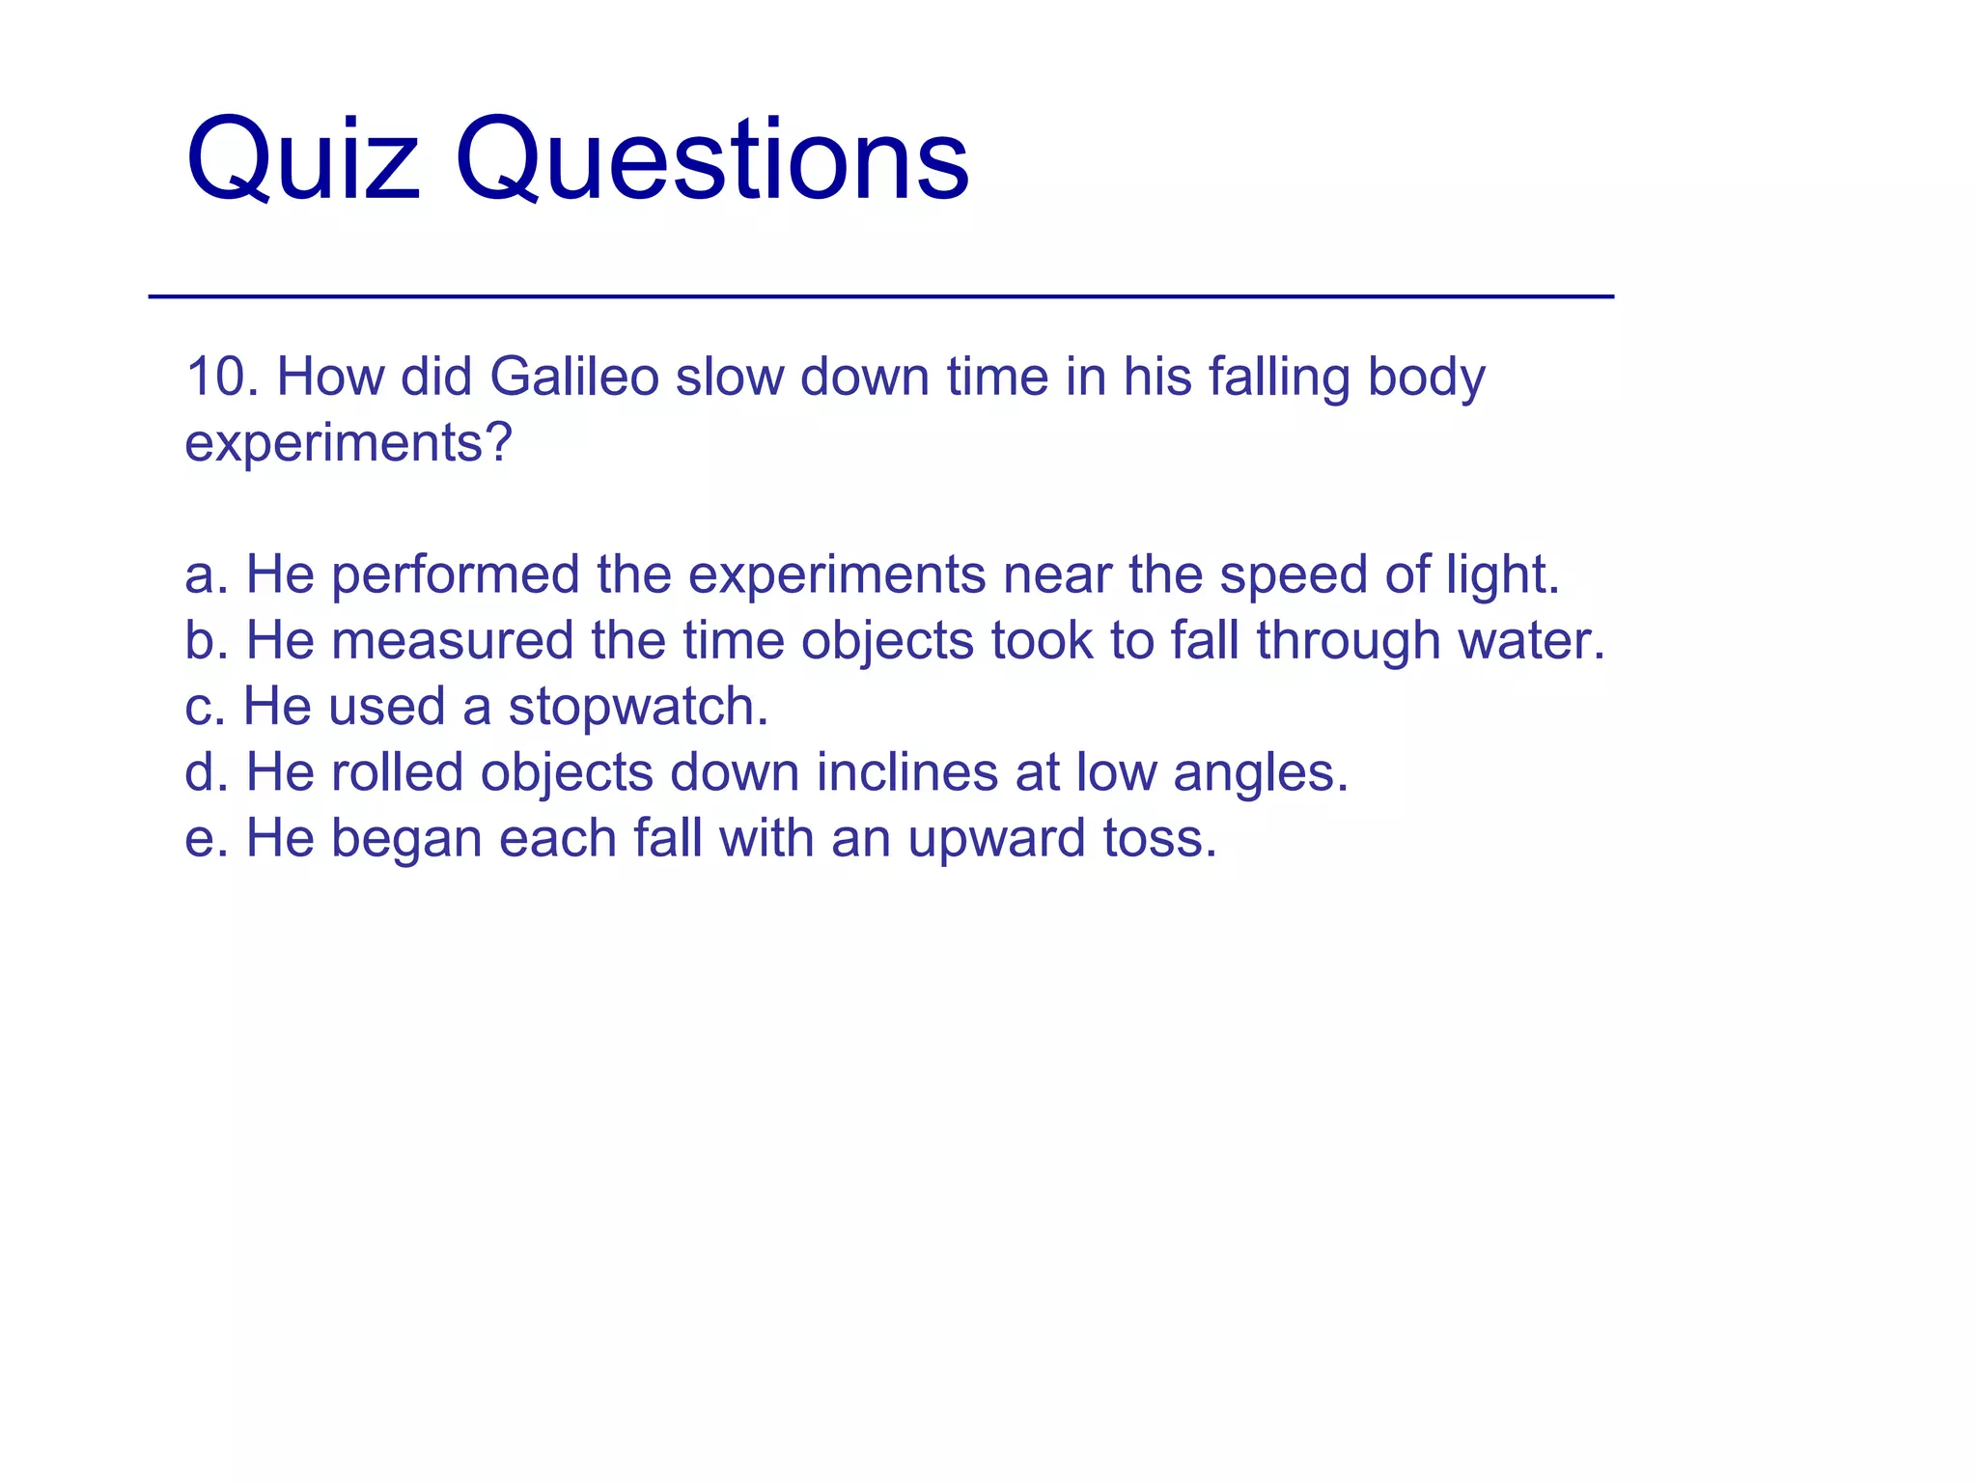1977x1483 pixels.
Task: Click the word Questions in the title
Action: pyautogui.click(x=712, y=159)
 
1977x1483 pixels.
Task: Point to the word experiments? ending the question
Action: pyautogui.click(x=348, y=444)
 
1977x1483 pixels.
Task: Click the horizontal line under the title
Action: pyautogui.click(x=880, y=296)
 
